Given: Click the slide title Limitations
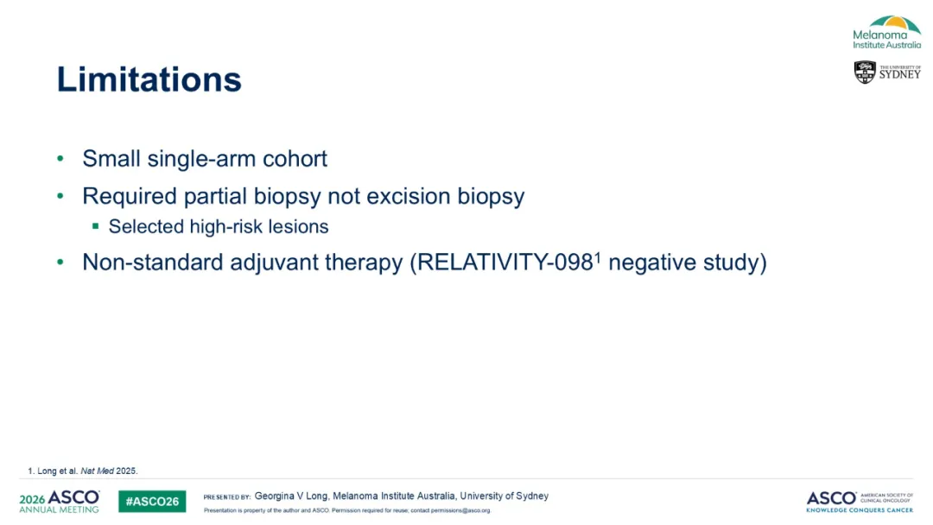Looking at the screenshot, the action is point(149,79).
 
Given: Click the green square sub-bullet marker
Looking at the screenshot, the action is point(95,226).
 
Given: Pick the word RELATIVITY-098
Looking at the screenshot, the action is point(505,262).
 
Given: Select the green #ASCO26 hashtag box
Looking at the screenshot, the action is point(152,501).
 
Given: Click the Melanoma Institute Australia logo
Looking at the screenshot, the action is point(886,32).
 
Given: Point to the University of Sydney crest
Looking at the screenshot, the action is point(865,72).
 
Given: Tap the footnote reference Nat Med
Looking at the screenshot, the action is point(97,471).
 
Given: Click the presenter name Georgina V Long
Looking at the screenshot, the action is point(291,496).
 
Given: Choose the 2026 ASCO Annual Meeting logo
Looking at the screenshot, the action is point(60,501).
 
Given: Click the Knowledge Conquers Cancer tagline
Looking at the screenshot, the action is point(860,510).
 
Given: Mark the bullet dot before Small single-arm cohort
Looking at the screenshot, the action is point(60,159).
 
